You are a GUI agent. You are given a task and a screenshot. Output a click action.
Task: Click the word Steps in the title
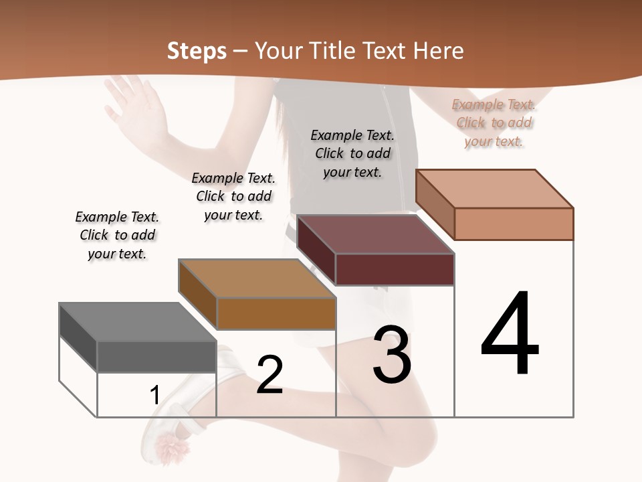(x=197, y=51)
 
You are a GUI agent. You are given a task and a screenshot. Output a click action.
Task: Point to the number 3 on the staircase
(x=392, y=354)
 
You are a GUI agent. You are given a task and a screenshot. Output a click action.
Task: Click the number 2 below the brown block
(x=270, y=375)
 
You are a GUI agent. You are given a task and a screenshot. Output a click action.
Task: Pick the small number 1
(x=154, y=395)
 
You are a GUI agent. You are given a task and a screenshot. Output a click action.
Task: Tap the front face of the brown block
(x=276, y=313)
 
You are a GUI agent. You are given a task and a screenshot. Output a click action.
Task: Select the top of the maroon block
(x=375, y=234)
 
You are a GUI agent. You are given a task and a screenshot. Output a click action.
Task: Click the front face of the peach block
(x=514, y=224)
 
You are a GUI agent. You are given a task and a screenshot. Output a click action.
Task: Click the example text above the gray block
(x=117, y=235)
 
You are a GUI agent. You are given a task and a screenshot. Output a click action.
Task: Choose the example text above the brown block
(x=233, y=196)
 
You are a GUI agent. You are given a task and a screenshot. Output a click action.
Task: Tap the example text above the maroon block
(x=352, y=153)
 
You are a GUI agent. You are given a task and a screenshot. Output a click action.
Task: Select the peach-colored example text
(x=494, y=123)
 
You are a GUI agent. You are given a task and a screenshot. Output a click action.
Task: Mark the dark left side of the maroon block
(x=316, y=250)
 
